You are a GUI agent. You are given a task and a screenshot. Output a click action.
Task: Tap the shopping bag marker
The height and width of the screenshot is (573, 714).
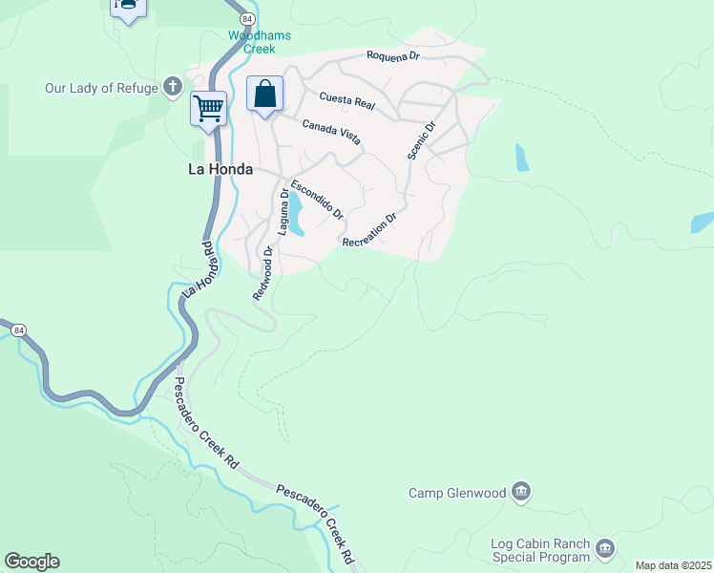tap(265, 95)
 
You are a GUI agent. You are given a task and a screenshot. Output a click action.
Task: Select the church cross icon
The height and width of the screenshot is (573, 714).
tap(173, 88)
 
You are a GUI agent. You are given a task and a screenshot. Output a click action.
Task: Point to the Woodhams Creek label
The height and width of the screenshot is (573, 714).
tap(252, 42)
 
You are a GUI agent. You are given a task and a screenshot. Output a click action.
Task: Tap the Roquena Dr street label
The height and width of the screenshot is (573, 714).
tap(393, 56)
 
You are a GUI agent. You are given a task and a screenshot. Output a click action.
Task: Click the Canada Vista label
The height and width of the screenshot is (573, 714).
tap(331, 132)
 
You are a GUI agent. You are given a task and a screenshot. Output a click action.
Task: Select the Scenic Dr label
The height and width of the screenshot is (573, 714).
tap(421, 140)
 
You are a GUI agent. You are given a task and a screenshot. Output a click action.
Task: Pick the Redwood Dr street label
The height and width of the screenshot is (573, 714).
tap(262, 274)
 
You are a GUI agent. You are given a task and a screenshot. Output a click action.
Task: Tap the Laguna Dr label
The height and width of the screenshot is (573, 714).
tap(283, 211)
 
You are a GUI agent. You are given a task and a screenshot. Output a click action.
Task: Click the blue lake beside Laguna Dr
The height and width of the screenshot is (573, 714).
tap(297, 215)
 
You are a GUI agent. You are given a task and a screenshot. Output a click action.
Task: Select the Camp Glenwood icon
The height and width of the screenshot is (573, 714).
tap(521, 493)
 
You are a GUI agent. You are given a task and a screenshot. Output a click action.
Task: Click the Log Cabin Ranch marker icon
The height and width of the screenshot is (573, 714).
tap(605, 549)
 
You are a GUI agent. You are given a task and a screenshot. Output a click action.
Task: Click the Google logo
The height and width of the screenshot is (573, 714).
tap(31, 562)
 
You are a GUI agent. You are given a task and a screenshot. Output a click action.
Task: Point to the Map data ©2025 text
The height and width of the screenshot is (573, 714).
tap(673, 565)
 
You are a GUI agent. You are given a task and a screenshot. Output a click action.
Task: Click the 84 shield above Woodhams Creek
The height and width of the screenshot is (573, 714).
tap(247, 19)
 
